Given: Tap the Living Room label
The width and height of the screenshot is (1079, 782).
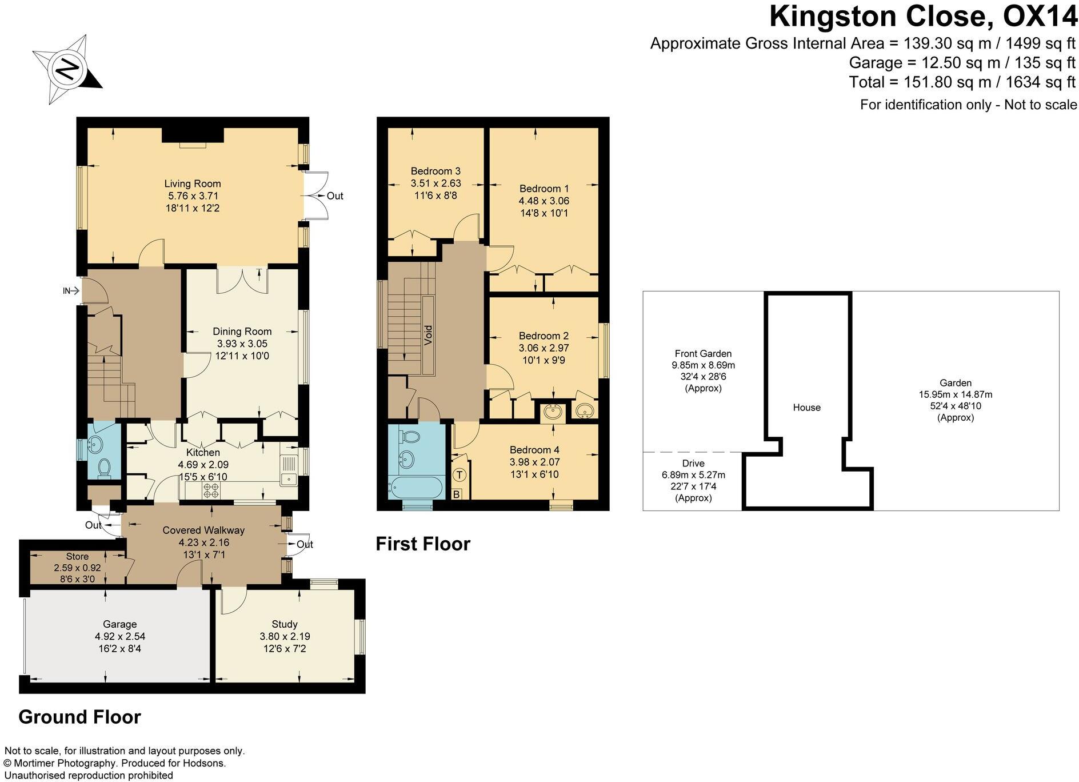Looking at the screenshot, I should [192, 183].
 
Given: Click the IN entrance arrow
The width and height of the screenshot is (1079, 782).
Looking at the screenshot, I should [70, 291].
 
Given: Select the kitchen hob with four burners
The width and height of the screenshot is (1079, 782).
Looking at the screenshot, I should [211, 490].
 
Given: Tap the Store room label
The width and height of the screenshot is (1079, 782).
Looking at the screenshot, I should [77, 556].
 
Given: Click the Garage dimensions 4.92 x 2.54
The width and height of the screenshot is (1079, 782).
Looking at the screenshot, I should [120, 636].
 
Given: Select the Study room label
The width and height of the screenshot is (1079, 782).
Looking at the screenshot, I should [285, 624].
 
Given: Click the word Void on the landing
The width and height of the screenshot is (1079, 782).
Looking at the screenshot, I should [428, 335].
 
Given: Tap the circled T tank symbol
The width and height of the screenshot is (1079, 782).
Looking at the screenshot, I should [460, 475].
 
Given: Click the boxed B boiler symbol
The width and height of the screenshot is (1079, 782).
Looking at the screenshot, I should [457, 494].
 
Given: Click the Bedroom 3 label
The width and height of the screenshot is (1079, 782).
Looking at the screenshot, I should [435, 171].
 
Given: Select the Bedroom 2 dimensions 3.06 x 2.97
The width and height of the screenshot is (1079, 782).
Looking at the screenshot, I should [544, 348].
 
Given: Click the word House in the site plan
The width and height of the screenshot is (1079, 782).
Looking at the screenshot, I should [806, 408].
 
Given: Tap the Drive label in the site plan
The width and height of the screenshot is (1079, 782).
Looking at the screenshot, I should [693, 463].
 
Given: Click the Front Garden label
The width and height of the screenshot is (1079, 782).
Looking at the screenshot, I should [703, 353].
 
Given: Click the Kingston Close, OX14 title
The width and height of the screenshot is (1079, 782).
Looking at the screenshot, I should [922, 16].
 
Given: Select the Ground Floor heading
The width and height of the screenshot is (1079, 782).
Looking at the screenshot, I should [79, 717].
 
